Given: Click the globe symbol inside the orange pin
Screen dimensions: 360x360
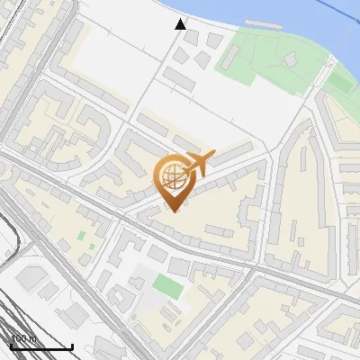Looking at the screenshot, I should point(172,176).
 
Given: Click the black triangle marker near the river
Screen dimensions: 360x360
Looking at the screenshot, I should point(181,24).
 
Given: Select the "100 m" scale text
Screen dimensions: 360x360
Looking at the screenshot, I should point(23,339).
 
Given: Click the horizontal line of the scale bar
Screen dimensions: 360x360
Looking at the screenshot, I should point(40,346).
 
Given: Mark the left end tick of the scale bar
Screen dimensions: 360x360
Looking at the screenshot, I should point(10,345).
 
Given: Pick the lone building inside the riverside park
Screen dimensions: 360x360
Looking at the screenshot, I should point(291,59).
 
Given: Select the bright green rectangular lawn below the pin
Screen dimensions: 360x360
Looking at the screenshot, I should point(166,285).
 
